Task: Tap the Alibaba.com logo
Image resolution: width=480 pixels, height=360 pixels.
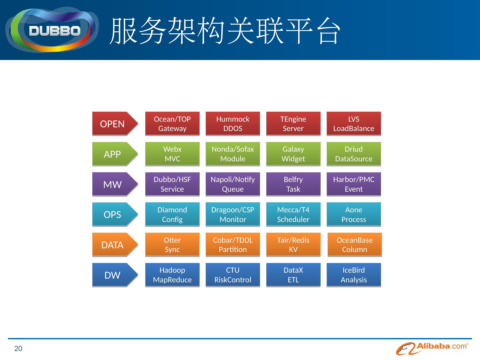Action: point(432,348)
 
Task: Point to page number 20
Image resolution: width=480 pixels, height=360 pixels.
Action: point(18,349)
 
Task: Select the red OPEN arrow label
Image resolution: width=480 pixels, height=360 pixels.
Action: point(113,124)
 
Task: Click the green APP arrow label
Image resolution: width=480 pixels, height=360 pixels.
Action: point(113,154)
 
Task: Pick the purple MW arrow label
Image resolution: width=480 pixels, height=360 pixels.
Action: point(113,184)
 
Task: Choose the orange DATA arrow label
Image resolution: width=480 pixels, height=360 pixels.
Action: point(113,245)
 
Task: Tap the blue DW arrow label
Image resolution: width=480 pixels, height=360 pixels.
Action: point(113,275)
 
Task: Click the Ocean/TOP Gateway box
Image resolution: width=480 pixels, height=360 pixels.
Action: point(172,124)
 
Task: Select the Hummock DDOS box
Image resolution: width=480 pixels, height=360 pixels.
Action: point(233,124)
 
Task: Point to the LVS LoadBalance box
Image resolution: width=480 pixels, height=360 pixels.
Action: point(354,124)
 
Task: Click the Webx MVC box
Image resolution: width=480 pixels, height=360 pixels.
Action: point(172,154)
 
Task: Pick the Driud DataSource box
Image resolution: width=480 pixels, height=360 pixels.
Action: point(354,154)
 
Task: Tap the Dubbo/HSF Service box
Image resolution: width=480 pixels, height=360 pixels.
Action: point(172,184)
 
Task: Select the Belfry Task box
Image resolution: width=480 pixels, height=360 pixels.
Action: point(293,184)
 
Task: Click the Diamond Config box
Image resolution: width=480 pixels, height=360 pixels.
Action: point(172,214)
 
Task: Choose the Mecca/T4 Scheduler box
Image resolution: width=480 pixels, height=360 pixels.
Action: point(293,214)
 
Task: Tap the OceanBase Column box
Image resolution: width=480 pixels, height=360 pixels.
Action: point(355,245)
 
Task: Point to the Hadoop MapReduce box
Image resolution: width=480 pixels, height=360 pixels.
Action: point(172,275)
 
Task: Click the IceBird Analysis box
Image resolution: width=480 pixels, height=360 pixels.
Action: point(354,275)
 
